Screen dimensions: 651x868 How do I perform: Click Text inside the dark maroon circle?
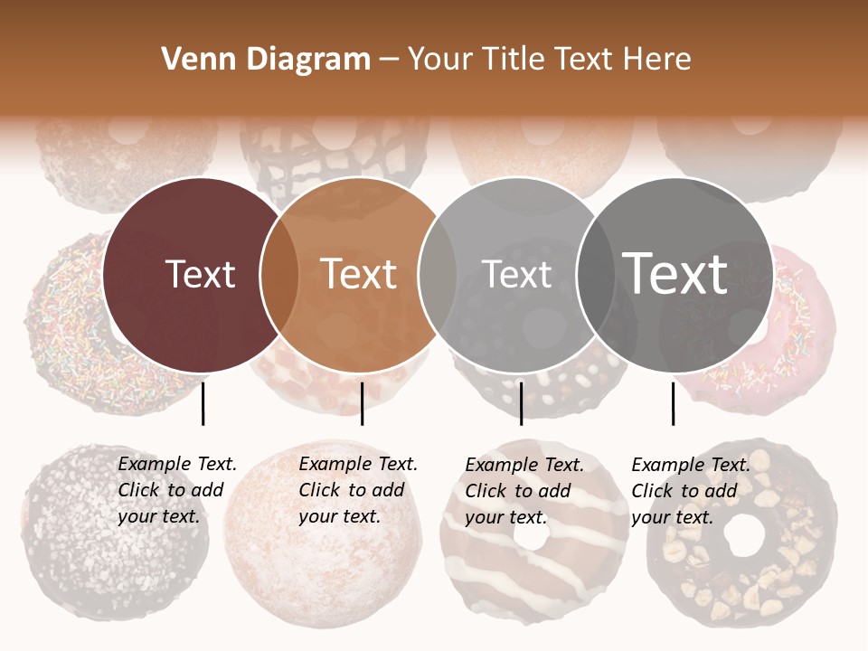(x=201, y=274)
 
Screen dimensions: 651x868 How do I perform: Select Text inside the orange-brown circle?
(x=359, y=274)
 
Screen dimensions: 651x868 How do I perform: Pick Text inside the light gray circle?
(x=517, y=274)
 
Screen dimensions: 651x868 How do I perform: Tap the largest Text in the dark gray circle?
(x=675, y=273)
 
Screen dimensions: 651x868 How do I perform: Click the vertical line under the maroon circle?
(x=203, y=403)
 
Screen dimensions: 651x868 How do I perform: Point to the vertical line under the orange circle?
(x=362, y=403)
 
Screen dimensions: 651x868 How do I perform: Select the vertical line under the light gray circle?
(x=521, y=403)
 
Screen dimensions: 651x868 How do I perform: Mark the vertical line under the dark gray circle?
(x=673, y=403)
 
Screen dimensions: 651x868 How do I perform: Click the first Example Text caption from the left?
(x=176, y=490)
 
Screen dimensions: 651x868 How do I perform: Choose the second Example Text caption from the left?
(x=357, y=490)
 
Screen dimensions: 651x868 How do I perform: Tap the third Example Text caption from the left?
(x=524, y=491)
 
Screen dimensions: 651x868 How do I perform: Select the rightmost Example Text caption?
(x=690, y=491)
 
